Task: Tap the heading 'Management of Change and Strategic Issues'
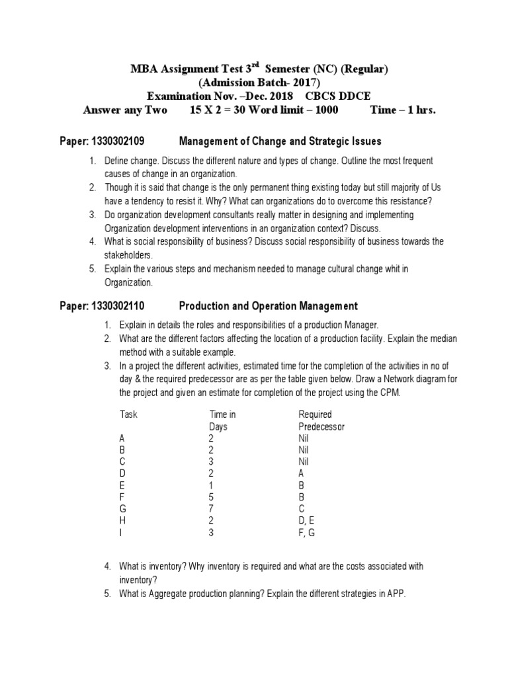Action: (x=280, y=141)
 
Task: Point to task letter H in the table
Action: (x=122, y=520)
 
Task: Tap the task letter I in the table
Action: (x=121, y=532)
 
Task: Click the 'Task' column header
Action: (x=129, y=415)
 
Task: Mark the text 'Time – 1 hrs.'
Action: (x=403, y=110)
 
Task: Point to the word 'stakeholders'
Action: (x=128, y=254)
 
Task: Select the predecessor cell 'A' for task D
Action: (x=302, y=473)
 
